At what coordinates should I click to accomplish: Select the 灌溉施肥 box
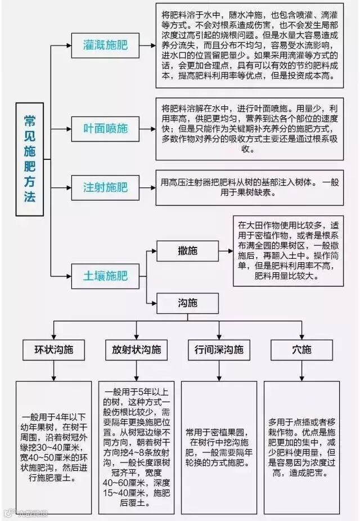[105, 43]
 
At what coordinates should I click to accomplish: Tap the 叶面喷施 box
[105, 128]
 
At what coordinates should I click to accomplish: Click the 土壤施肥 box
[105, 276]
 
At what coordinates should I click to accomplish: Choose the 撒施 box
[187, 251]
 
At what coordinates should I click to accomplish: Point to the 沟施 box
[187, 304]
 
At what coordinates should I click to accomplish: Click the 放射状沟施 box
[136, 349]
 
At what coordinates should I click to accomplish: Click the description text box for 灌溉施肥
[249, 46]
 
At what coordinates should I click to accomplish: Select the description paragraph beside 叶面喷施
[249, 128]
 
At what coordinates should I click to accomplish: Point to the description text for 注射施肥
[249, 186]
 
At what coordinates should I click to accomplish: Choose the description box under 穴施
[302, 447]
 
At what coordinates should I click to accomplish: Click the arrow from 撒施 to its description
[226, 251]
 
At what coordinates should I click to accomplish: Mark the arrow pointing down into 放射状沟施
[136, 330]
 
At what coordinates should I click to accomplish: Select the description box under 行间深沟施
[218, 447]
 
